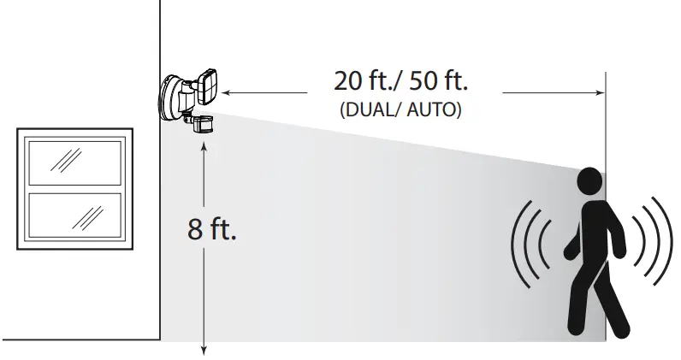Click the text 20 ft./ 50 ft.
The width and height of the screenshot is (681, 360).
point(401,82)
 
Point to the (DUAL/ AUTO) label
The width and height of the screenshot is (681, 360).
point(401,111)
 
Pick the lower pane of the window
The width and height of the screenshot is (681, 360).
point(74,215)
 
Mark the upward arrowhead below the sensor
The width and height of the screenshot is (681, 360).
point(204,147)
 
